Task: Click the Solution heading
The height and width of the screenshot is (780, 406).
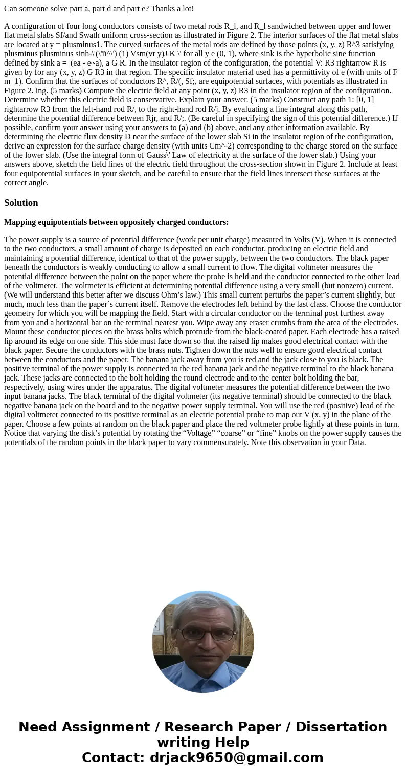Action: click(x=21, y=203)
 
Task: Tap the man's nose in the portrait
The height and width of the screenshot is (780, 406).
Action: click(x=203, y=644)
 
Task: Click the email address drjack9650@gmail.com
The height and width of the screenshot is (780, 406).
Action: click(x=236, y=758)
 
